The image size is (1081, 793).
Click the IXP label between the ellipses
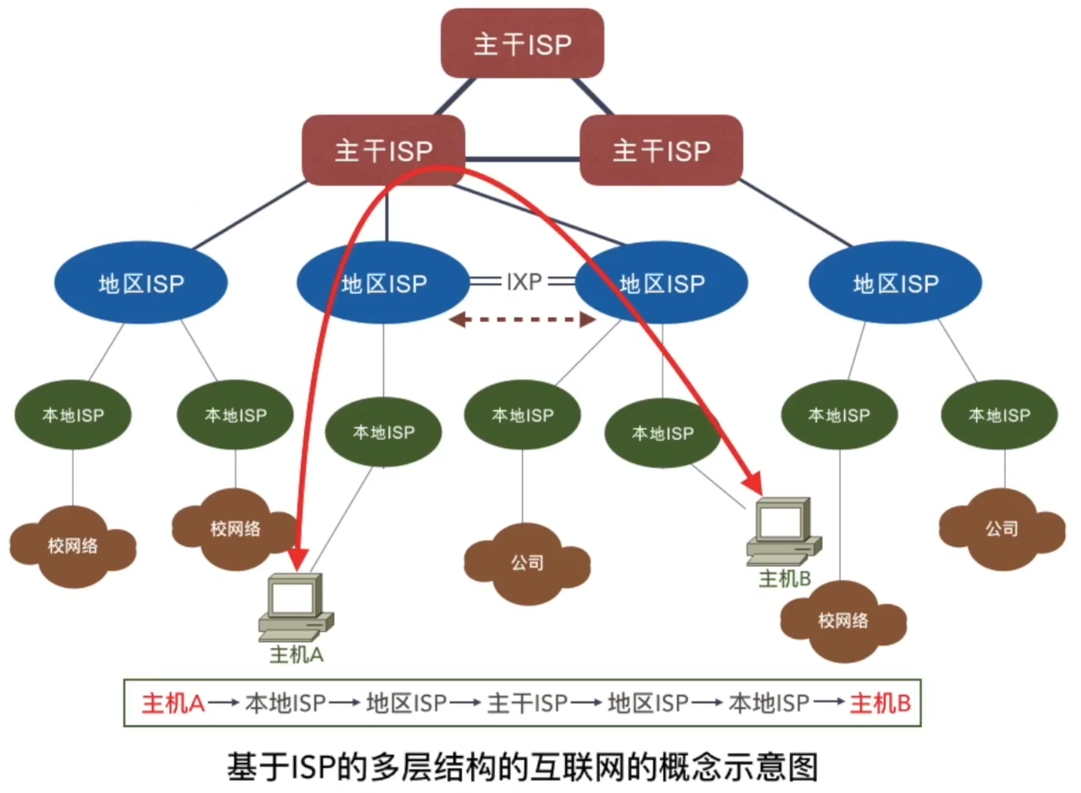click(524, 281)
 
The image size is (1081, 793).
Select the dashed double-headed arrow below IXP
click(522, 319)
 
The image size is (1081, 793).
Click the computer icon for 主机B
click(784, 531)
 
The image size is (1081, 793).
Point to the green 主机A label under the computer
click(296, 654)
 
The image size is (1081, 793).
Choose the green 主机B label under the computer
click(785, 579)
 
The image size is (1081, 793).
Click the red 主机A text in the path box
click(173, 703)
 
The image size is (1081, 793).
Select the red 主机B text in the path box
click(880, 703)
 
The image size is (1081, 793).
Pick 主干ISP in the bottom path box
click(527, 703)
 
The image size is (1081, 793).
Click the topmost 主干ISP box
click(522, 43)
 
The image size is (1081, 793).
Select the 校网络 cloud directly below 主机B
click(843, 621)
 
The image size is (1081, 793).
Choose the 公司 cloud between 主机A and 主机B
click(527, 563)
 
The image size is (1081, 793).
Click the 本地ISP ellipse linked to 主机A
click(383, 432)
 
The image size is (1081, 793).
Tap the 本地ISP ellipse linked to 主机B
click(662, 434)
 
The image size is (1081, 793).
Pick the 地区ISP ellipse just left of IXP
click(383, 283)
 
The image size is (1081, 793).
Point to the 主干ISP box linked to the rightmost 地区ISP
click(661, 151)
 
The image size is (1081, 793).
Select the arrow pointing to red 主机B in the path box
click(829, 703)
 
